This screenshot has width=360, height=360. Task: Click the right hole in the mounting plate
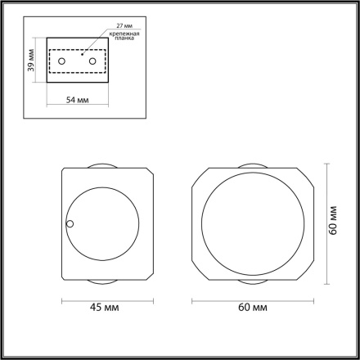(x=92, y=61)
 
